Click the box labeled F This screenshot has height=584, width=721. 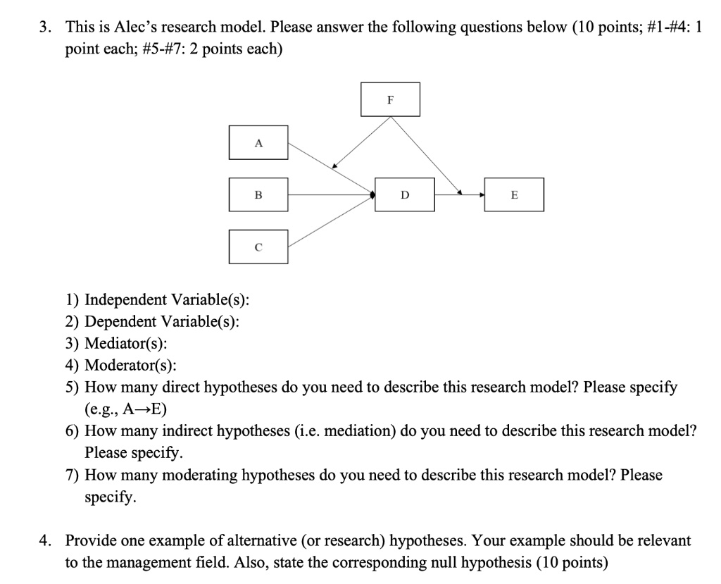[390, 99]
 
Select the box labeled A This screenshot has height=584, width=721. [258, 143]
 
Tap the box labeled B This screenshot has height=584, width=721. [258, 194]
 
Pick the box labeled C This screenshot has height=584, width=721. [258, 247]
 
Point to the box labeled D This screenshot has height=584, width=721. [405, 194]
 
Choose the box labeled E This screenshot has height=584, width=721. [514, 194]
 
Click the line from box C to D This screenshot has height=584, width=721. [332, 221]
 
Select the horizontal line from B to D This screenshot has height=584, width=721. [332, 194]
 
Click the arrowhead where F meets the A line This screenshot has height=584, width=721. [334, 166]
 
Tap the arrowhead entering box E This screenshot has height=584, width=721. [482, 194]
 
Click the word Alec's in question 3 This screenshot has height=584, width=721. [136, 27]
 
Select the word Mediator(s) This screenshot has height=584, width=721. [126, 343]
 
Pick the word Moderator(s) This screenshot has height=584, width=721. [130, 365]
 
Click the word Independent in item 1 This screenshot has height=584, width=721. [125, 299]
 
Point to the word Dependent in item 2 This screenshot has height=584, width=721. [120, 321]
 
